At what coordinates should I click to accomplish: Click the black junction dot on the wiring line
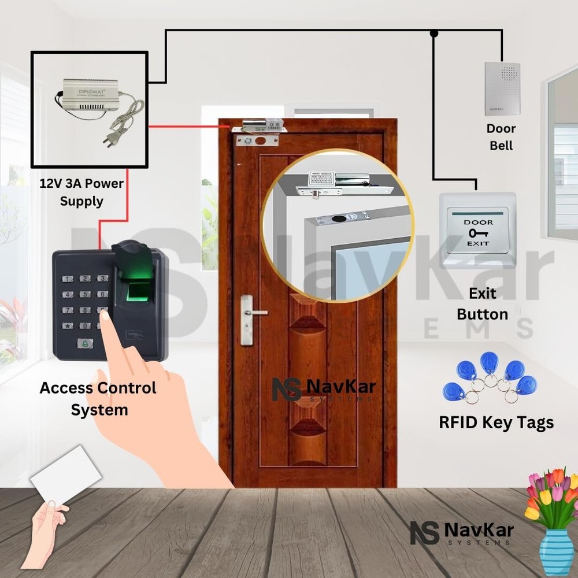[433, 34]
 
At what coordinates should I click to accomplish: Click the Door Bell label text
[501, 136]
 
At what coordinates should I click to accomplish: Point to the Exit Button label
[482, 303]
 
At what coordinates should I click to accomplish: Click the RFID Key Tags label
[496, 423]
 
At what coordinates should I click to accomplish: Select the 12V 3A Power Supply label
[81, 192]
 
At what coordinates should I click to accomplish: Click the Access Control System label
[98, 398]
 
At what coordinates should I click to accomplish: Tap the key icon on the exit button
[478, 233]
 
